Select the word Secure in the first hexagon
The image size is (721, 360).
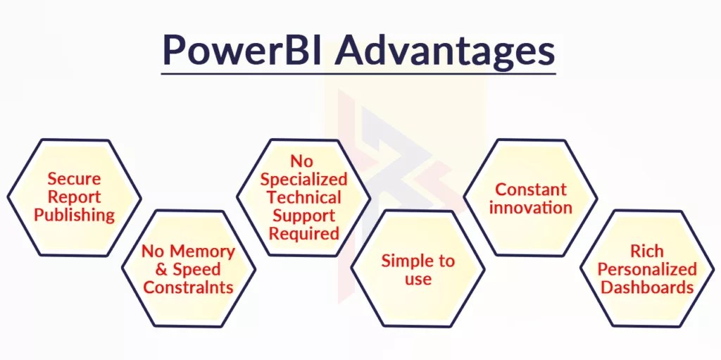(74, 179)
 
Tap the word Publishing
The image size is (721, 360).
(74, 215)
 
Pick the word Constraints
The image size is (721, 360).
(188, 287)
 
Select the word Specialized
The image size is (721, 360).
(304, 179)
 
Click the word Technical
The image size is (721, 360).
(304, 197)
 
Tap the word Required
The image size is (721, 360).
(304, 233)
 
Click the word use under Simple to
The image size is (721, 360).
(418, 279)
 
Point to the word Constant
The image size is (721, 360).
(531, 190)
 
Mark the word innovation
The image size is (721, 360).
(531, 208)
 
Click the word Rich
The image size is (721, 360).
(647, 252)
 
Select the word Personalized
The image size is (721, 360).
(647, 270)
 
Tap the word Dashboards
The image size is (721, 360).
(647, 287)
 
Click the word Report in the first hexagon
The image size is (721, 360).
(74, 197)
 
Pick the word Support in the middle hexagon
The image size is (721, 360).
(304, 216)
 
